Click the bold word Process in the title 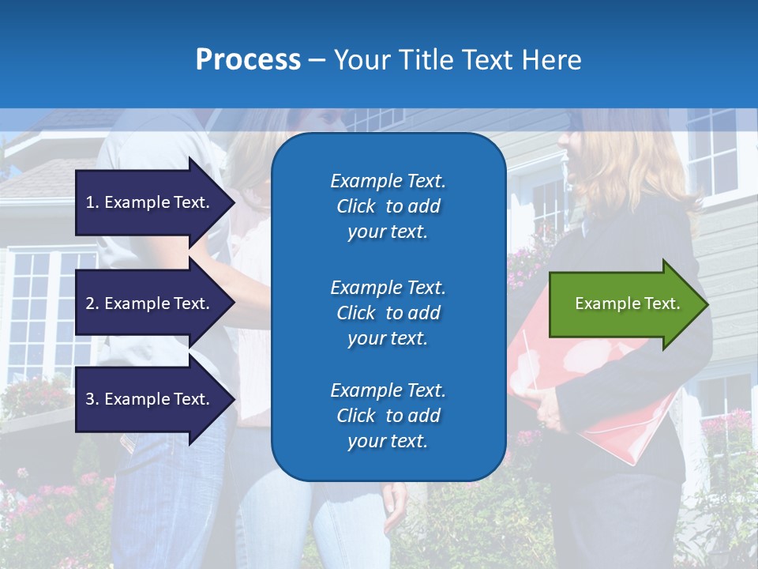pos(248,60)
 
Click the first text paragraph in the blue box pos(388,206)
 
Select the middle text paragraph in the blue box pos(388,313)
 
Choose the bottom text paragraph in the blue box pos(388,416)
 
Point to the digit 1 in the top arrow pos(90,202)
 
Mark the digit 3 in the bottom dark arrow pos(90,399)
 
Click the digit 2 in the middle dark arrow pos(90,303)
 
